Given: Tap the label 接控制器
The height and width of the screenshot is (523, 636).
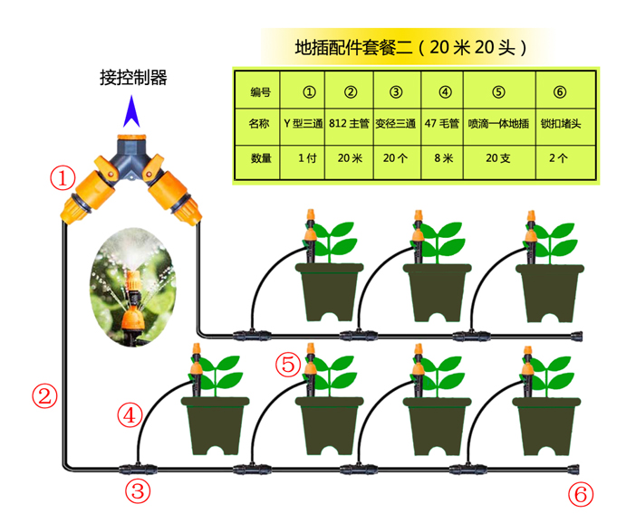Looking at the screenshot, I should pos(133,77).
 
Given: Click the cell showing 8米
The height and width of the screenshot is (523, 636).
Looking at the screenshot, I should pos(444,157).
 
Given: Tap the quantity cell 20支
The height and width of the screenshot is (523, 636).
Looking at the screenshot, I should pos(498,157).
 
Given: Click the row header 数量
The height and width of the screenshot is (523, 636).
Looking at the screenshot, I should pos(260,157).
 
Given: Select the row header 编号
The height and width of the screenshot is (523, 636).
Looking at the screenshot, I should pos(260,91).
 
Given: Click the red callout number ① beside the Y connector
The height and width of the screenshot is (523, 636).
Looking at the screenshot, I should pos(62,177).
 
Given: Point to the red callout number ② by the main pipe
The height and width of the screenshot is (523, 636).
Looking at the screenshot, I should pos(44,395).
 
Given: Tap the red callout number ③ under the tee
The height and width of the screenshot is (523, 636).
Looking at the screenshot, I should pos(137,492).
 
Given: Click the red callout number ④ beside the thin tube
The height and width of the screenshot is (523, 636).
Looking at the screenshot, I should pos(130,415).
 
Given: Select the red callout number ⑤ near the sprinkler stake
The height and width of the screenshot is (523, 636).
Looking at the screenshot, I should pos(288,364).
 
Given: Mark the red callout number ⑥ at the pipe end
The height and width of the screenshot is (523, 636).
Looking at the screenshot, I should pos(580,494).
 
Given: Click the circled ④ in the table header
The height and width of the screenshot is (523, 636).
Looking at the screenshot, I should pos(444,91).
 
